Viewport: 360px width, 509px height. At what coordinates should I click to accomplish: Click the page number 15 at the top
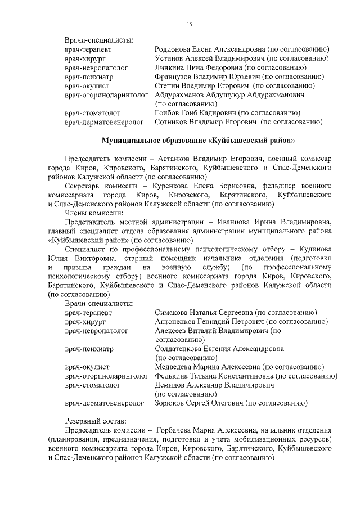click(190, 23)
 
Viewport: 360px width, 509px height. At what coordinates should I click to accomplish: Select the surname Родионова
click(173, 49)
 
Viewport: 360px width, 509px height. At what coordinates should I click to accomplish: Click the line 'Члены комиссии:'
click(92, 213)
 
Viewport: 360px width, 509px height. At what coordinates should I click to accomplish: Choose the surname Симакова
click(172, 312)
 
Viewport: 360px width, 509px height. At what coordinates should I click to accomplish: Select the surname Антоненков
click(177, 321)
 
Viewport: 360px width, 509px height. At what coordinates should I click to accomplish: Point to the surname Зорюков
click(171, 403)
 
